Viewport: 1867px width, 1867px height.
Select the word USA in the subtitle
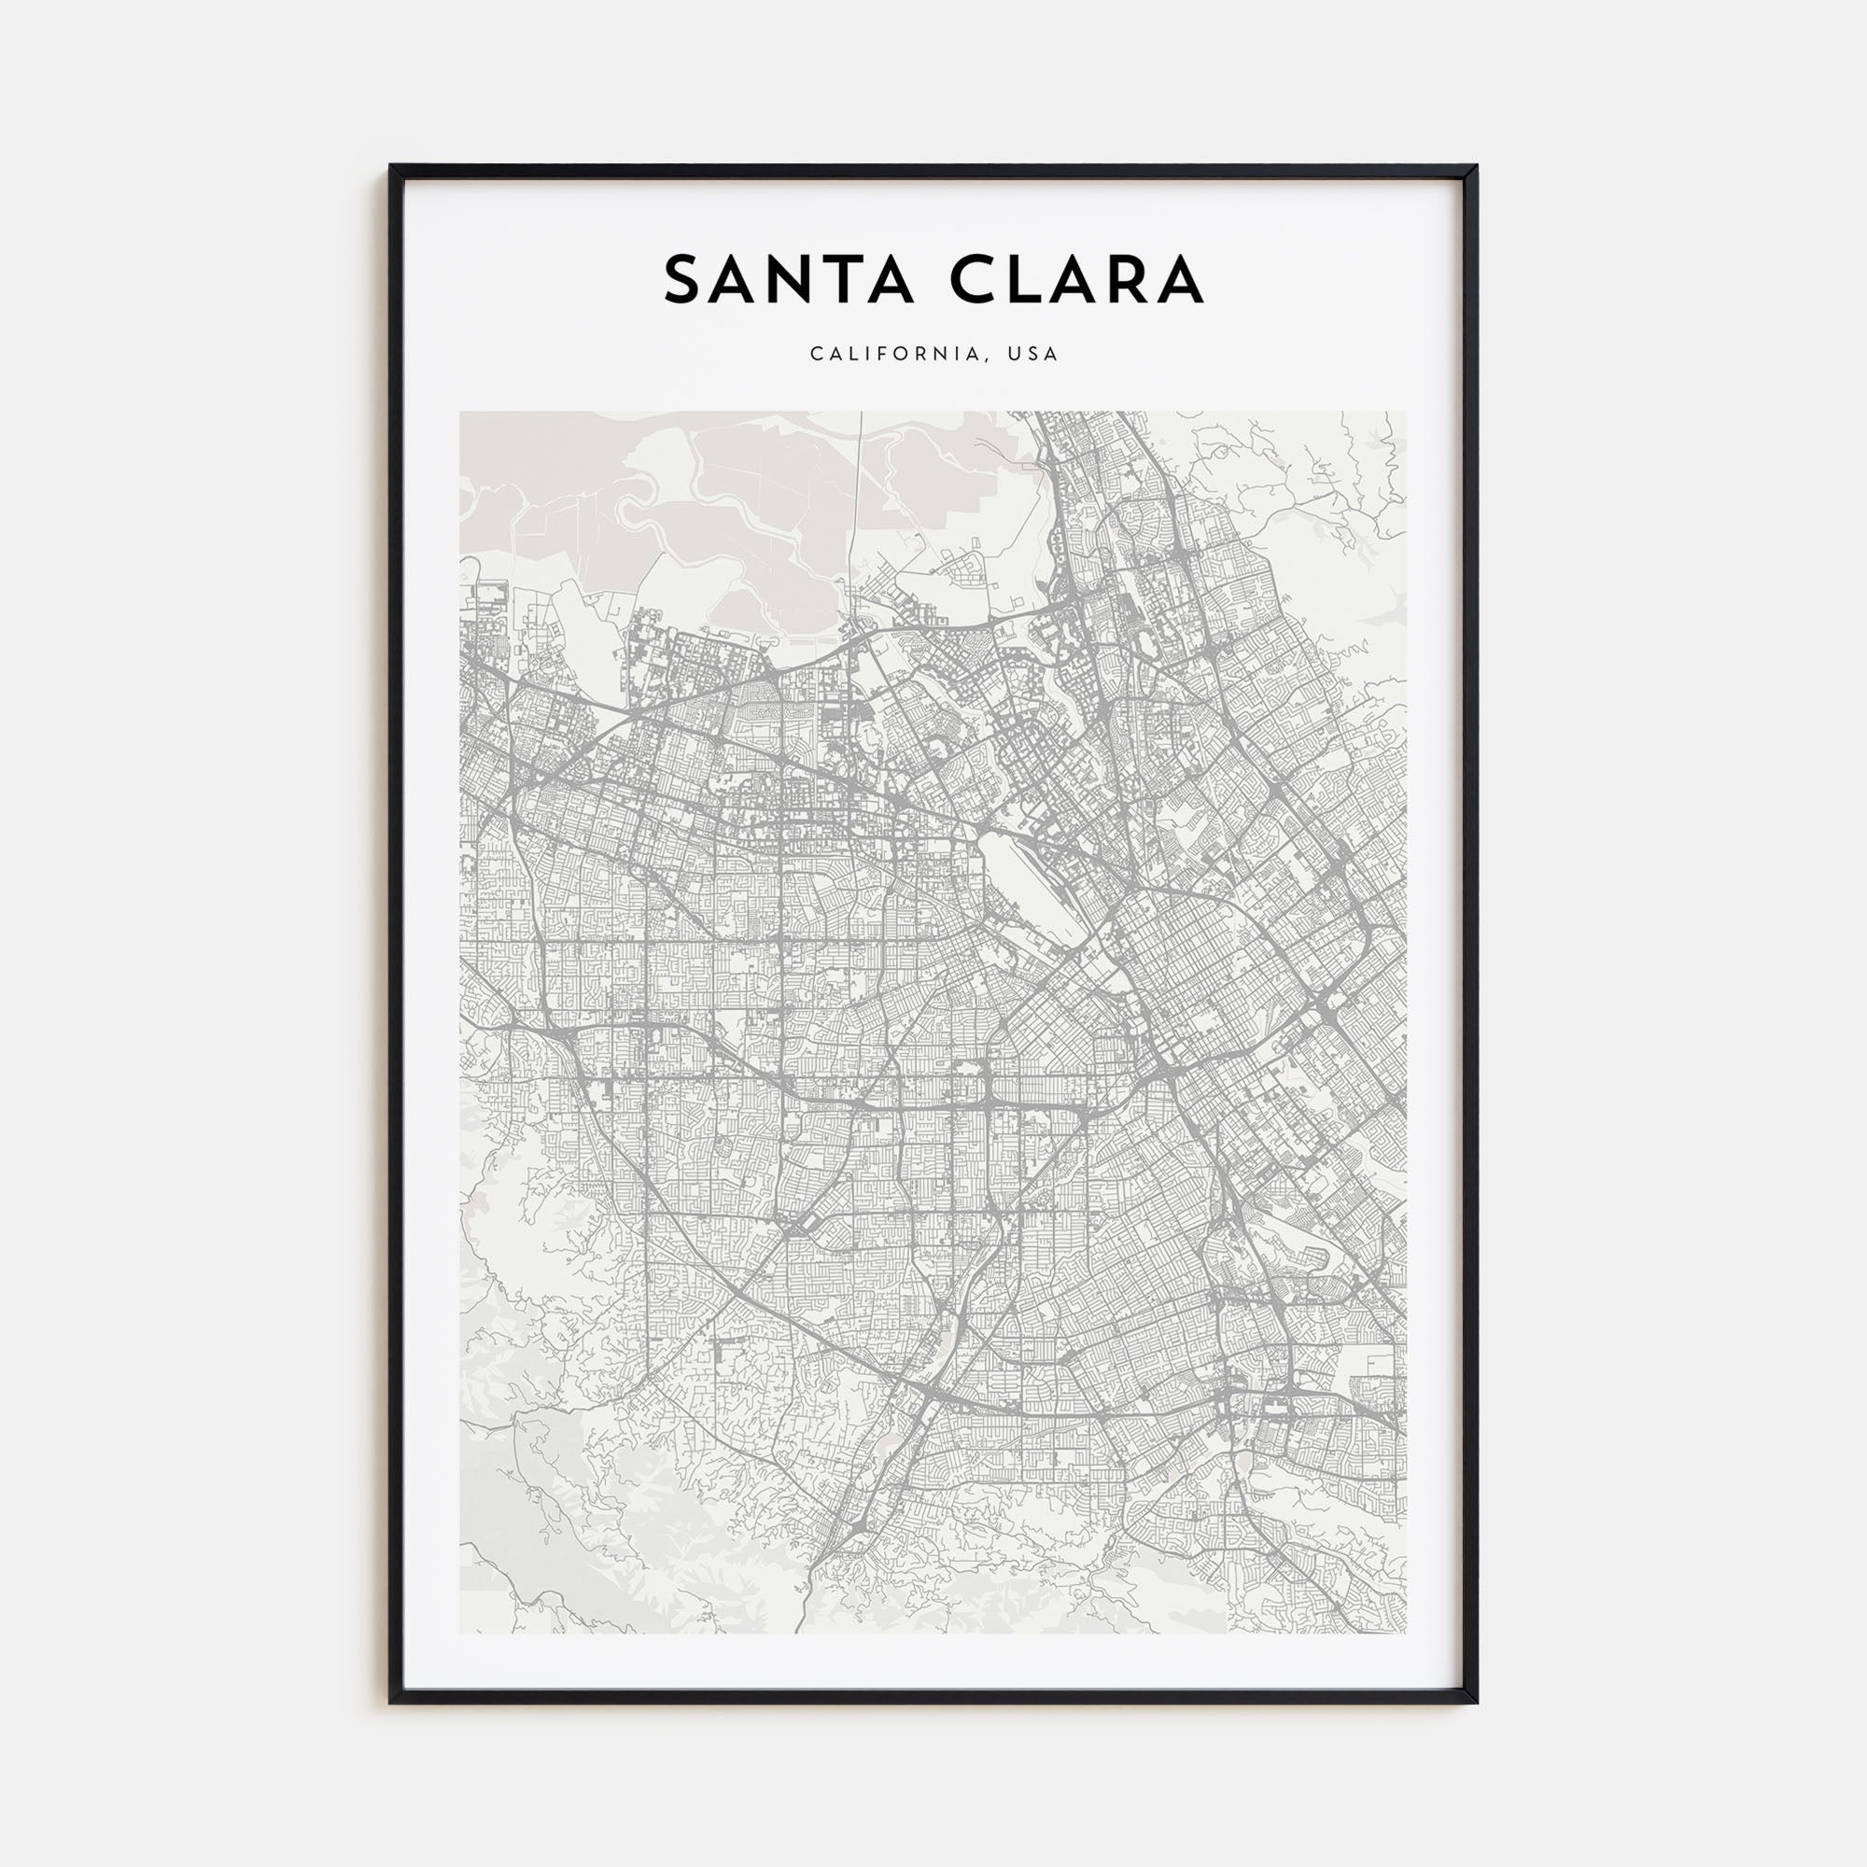pos(1032,355)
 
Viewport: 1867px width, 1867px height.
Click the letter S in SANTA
pos(682,280)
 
